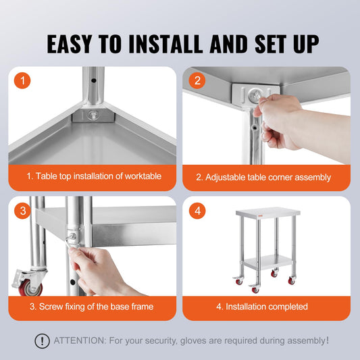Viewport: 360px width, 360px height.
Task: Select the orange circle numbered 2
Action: [197, 81]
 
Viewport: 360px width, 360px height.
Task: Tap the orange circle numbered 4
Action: [197, 211]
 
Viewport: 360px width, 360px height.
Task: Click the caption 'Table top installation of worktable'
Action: [94, 176]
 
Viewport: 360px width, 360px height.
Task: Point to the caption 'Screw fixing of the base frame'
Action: [91, 307]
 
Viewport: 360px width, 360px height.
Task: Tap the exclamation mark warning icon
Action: [42, 341]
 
